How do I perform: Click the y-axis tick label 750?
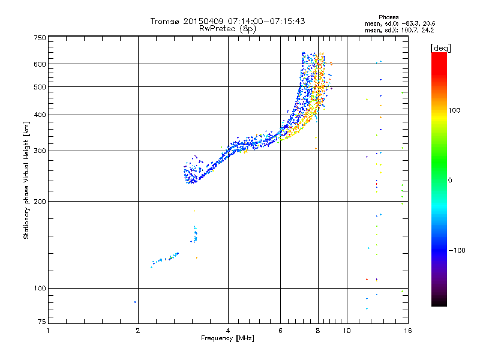point(39,37)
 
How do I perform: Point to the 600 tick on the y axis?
point(39,64)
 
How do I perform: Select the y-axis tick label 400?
point(39,115)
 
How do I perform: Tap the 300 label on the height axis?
point(39,151)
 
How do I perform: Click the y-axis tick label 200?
point(39,201)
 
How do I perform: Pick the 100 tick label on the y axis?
point(39,288)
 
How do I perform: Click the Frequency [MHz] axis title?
point(227,338)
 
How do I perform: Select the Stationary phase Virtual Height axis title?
point(26,180)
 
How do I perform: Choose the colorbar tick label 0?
point(451,180)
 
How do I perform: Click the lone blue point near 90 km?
point(135,302)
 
